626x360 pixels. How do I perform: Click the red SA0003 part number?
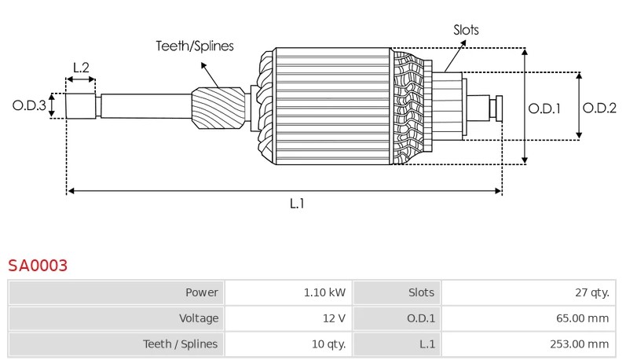pos(38,265)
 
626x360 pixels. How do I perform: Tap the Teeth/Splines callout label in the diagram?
pos(194,46)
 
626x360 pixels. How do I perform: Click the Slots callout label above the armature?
pos(466,30)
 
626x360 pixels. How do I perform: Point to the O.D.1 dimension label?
pos(544,108)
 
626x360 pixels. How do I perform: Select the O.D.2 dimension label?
pos(599,108)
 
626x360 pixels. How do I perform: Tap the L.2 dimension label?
pos(81,68)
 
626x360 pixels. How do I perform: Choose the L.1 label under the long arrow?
pos(297,204)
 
